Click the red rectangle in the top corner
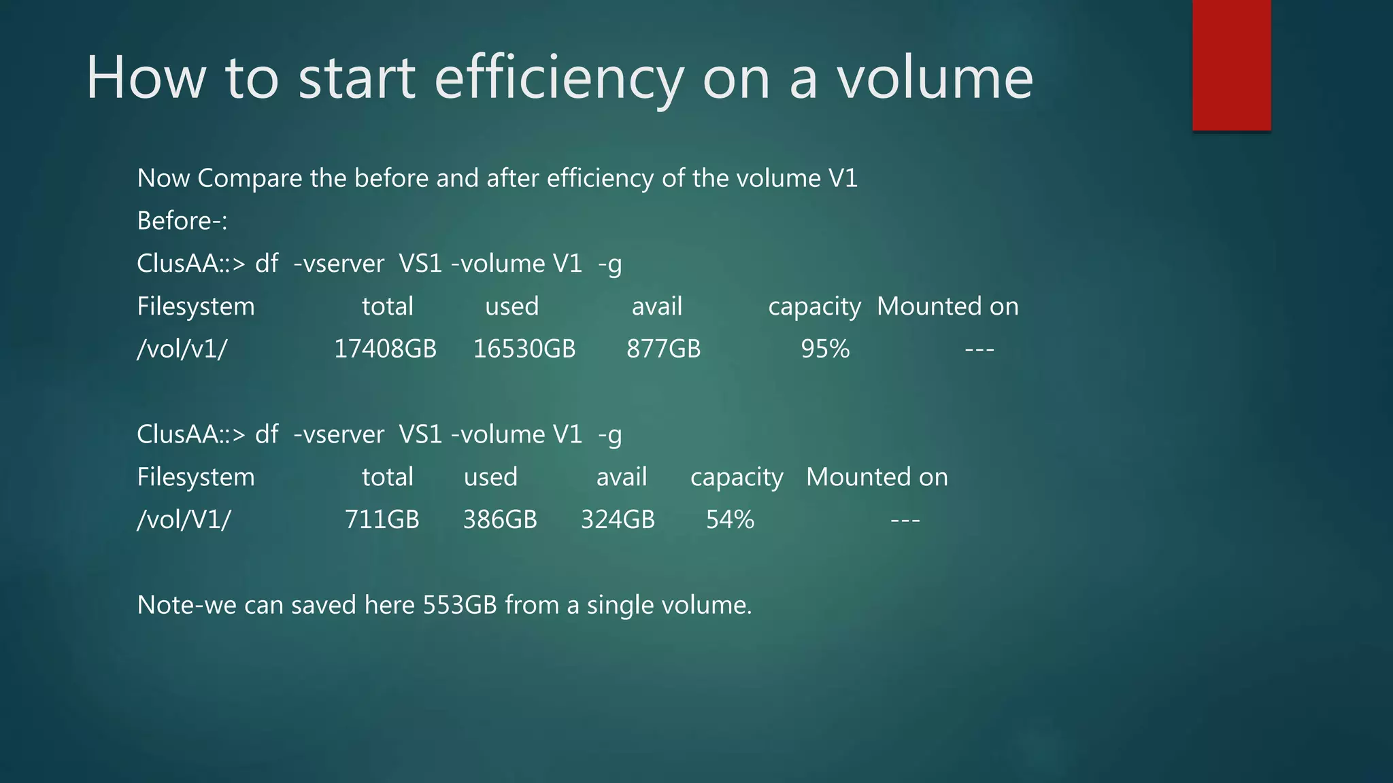1231,65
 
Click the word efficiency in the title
558,78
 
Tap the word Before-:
182,221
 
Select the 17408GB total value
385,349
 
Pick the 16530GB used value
524,349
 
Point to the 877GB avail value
663,349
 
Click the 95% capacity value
825,349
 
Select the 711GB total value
382,519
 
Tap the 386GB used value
500,519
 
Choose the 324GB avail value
618,519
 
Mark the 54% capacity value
730,519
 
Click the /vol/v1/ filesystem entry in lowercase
182,349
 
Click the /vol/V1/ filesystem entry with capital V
184,519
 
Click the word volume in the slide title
935,78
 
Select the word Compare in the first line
249,179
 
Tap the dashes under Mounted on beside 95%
979,349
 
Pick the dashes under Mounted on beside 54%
905,520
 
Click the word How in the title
146,78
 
